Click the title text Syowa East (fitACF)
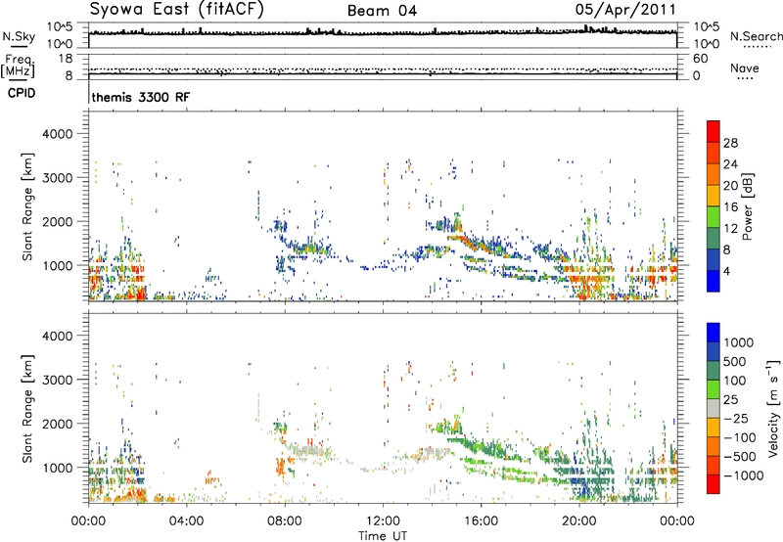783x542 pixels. [176, 9]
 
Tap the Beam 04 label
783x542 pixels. [382, 11]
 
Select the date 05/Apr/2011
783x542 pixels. [625, 10]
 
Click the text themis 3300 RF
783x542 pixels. [141, 97]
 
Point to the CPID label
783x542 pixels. [22, 93]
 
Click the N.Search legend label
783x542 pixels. [757, 36]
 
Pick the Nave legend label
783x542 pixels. [745, 68]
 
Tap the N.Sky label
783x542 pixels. [19, 36]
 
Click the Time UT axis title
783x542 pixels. [383, 536]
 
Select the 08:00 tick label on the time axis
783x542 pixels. [285, 521]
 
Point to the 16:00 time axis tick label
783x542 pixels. [481, 521]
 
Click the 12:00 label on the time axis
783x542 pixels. [383, 521]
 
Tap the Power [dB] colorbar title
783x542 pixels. [747, 206]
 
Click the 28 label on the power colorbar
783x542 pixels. [730, 143]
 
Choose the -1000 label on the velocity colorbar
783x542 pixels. [744, 475]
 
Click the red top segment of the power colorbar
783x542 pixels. [714, 132]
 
